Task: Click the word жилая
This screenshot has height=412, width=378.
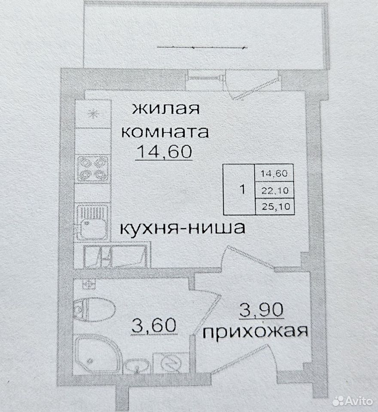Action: coord(165,109)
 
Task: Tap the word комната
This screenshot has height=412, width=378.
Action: coord(165,132)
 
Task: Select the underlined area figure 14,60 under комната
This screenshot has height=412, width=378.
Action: coord(164,151)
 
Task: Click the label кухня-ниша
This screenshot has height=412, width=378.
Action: coord(183,228)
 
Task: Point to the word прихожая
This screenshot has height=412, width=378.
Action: coord(255,332)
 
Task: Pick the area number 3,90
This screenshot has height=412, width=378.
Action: coord(261,310)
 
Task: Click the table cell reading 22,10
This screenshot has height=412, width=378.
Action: coord(275,190)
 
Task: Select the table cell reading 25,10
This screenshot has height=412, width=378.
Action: coord(275,206)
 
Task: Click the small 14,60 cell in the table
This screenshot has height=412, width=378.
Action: coord(274,173)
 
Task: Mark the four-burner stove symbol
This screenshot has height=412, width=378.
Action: coord(93,169)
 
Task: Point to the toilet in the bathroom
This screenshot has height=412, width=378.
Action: coord(94,310)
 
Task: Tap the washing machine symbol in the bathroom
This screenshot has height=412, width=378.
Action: coord(171,363)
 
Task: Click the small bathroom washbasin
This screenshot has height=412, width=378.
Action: coord(136,366)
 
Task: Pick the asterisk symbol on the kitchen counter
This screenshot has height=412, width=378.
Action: coord(93,114)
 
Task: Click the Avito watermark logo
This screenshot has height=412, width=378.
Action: coord(353,401)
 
